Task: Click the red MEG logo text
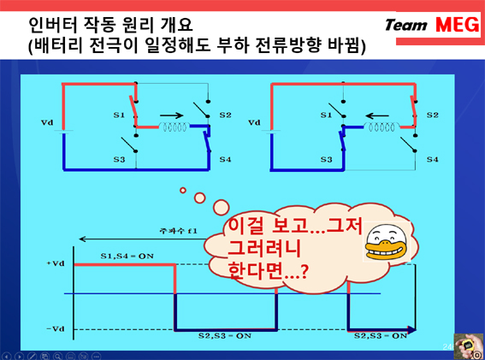(458, 25)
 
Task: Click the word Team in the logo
(406, 25)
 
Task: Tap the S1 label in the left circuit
(119, 115)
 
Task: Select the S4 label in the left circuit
(225, 159)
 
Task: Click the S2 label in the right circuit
(433, 115)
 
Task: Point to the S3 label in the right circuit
(326, 159)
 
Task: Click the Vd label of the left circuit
(47, 122)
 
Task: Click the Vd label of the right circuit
(254, 122)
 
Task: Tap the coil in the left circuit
(174, 127)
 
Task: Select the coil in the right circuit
(381, 127)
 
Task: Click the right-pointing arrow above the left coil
(172, 115)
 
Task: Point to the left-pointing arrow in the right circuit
(377, 116)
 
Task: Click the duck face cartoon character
(387, 242)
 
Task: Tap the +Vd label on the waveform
(56, 263)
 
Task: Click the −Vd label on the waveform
(56, 328)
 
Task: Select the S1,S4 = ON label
(127, 256)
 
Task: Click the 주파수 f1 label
(178, 231)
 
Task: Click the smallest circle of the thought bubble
(183, 190)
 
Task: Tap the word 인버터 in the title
(52, 25)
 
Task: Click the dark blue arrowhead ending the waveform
(412, 330)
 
